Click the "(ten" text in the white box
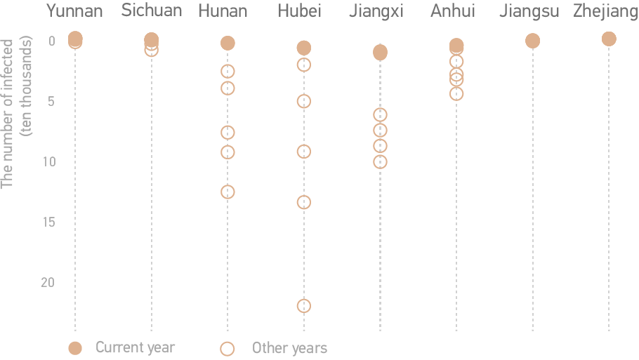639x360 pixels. [x=27, y=124]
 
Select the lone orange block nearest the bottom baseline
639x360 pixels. [x=303, y=306]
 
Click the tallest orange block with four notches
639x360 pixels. [x=380, y=138]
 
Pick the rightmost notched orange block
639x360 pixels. [x=456, y=77]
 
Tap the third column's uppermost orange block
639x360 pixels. [x=227, y=79]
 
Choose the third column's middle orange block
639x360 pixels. [x=227, y=142]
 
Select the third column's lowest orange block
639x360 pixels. [x=227, y=191]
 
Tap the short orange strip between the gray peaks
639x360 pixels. [x=220, y=345]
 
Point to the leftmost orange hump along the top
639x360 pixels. [x=76, y=38]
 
